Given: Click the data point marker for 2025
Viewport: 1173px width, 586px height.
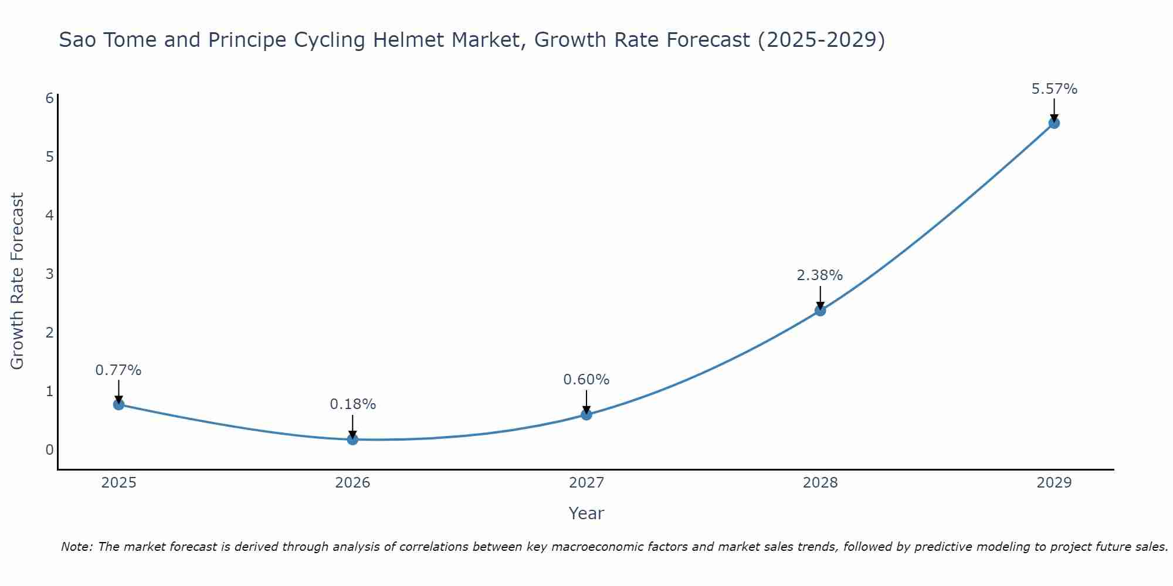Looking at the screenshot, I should point(118,404).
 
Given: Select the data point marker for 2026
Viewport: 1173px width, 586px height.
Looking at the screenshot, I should point(352,439).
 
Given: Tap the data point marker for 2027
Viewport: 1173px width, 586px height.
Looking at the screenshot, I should point(586,414).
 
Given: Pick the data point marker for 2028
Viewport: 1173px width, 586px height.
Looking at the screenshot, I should point(820,310).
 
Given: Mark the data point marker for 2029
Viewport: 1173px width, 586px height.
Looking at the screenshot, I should point(1054,123).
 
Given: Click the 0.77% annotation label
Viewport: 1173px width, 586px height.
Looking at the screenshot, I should point(118,370).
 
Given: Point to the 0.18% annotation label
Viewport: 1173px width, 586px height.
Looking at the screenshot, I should point(352,404).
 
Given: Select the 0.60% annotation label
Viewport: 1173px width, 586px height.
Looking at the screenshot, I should point(586,380).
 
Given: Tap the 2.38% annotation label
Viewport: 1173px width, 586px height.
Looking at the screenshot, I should point(820,275).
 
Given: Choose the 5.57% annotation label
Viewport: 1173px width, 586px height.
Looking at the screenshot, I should point(1054,89).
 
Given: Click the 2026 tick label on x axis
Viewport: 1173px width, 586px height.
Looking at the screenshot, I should point(352,483).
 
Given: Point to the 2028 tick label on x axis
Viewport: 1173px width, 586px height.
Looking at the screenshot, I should point(820,483).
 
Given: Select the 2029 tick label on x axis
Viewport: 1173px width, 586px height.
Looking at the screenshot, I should point(1054,483).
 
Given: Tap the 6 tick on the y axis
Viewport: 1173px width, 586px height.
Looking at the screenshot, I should point(50,98).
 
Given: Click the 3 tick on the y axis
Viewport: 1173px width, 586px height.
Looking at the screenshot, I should point(50,274).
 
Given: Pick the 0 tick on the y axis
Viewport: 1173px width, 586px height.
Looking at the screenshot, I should point(50,449).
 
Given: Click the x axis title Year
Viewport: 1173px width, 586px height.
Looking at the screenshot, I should point(586,513).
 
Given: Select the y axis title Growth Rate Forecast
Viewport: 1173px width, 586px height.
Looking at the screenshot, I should point(18,281).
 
